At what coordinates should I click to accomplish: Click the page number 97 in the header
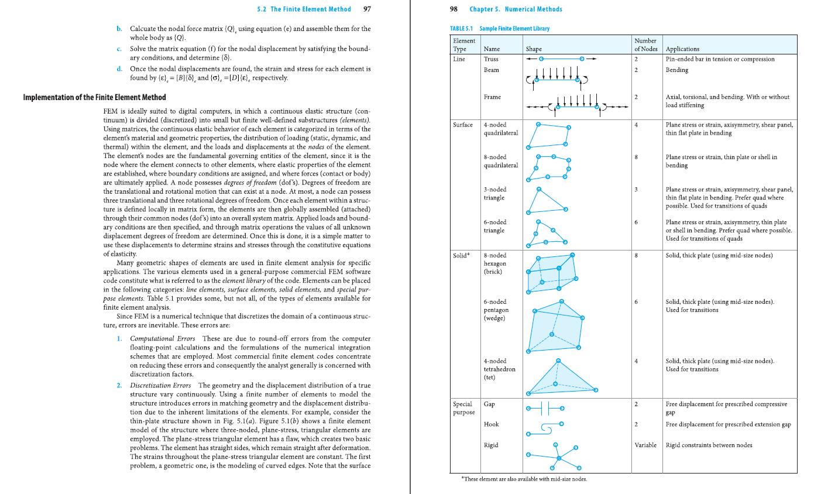tap(367, 9)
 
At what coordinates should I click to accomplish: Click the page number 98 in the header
tap(454, 9)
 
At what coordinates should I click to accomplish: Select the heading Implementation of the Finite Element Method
tap(94, 97)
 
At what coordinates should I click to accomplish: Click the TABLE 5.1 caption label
tap(461, 29)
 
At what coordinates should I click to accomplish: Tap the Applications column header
tap(682, 49)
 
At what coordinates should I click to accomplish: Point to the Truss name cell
tap(491, 59)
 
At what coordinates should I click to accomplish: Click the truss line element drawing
tap(561, 59)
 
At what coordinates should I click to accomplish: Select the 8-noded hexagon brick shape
tap(552, 273)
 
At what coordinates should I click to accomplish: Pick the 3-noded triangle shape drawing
tap(546, 201)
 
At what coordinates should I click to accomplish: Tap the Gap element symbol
tap(545, 408)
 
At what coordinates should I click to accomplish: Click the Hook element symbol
tap(545, 428)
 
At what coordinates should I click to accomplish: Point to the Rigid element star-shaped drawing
tap(558, 457)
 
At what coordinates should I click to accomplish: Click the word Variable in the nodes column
tap(645, 445)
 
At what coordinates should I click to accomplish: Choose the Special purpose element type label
tap(462, 409)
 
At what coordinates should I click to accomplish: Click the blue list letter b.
tap(119, 29)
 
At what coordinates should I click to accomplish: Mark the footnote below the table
tap(524, 479)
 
